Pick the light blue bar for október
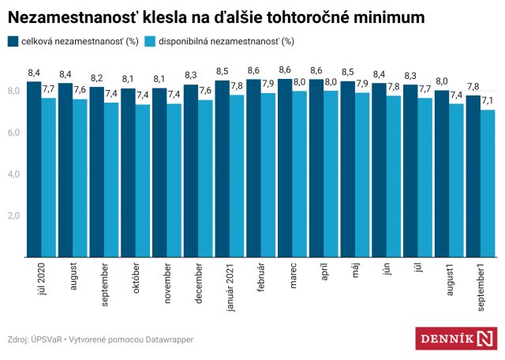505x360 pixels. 143,181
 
